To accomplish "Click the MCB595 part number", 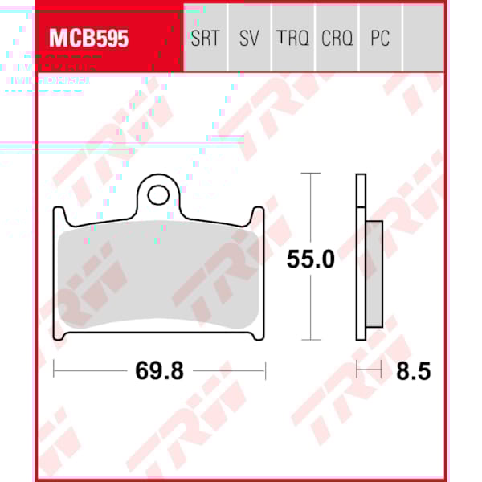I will tap(89, 39).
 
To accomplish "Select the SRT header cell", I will tap(205, 39).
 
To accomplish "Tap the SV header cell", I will tap(249, 39).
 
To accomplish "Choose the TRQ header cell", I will tap(292, 39).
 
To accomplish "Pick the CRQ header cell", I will tap(337, 39).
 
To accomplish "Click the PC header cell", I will tap(380, 39).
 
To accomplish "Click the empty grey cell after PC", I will tap(423, 39).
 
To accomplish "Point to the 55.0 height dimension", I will tap(310, 259).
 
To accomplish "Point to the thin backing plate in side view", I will tap(361, 257).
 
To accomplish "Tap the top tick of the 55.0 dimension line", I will tap(310, 174).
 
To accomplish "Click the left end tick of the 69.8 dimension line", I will tap(54, 370).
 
